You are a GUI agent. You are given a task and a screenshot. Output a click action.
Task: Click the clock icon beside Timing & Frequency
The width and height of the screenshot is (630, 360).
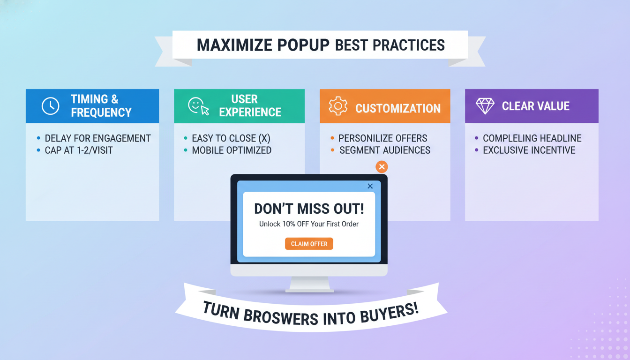pos(51,106)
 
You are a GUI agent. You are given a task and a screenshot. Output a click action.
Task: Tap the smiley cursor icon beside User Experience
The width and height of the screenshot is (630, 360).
pos(198,106)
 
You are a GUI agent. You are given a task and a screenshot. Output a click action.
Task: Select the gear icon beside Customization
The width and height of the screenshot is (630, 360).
pos(337,106)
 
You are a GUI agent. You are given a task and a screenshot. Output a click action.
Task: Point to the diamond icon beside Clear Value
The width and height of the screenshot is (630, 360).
pos(485,106)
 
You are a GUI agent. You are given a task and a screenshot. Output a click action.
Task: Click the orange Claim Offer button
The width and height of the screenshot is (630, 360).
pos(309,244)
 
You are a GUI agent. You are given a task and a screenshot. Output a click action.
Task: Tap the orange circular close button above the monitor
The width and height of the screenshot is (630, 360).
pos(382,166)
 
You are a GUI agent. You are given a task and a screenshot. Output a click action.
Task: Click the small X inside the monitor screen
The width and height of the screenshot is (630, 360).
pos(370,186)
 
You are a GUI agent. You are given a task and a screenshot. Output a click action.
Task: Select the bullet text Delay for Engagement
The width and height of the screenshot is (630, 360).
pos(97,138)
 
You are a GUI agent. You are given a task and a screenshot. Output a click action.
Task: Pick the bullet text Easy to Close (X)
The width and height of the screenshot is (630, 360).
pos(231,138)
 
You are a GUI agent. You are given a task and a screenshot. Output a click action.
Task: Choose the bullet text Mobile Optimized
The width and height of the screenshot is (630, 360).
pos(232,150)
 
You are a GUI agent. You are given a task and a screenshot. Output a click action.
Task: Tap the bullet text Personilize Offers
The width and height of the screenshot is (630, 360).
pos(382,138)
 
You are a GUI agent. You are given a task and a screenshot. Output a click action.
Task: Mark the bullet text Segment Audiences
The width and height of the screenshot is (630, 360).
pos(384,150)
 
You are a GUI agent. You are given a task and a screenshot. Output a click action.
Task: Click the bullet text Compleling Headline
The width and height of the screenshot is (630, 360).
pos(532,138)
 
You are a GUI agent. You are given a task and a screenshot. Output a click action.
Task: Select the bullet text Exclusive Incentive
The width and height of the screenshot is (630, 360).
pos(529,150)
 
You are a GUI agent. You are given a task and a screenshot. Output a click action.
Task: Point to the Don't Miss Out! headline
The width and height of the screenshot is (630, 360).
pos(309,209)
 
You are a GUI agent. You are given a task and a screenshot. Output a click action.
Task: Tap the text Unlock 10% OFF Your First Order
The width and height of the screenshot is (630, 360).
pos(309,224)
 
